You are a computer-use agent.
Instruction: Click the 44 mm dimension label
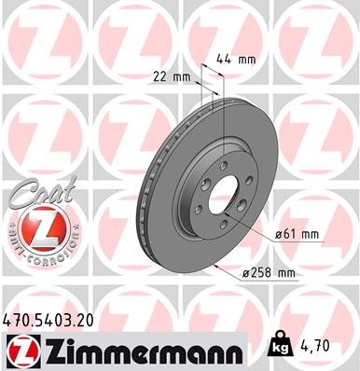tap(235, 59)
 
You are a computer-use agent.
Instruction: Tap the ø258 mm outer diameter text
tap(270, 273)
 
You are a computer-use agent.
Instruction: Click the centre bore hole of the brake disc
tap(223, 200)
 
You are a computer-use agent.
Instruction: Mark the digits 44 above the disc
tap(224, 59)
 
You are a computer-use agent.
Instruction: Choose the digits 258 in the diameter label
tap(265, 273)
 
